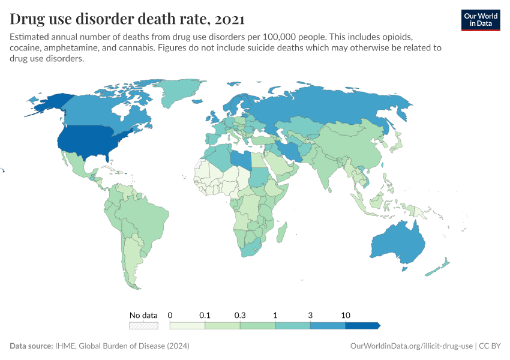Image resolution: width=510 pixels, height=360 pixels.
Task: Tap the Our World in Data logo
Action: click(480, 20)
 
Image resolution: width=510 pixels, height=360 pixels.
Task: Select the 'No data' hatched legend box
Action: click(143, 326)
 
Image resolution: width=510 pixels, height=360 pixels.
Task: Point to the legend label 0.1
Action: click(205, 315)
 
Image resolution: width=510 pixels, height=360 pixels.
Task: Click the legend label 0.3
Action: click(240, 315)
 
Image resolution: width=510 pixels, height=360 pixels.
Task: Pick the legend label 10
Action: click(345, 315)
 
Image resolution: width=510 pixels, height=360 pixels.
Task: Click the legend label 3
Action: click(310, 315)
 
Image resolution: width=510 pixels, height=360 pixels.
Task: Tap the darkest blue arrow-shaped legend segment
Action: click(362, 326)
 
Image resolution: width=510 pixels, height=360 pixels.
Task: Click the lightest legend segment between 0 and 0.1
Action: click(188, 326)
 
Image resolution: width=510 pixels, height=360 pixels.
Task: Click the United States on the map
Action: click(90, 141)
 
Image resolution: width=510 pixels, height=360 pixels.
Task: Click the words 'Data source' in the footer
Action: click(31, 346)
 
